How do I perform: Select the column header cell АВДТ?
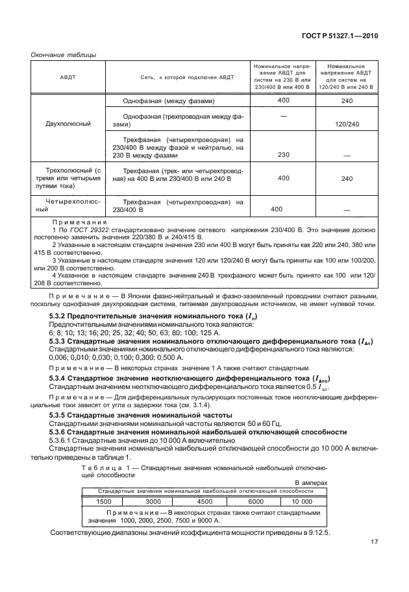(67, 78)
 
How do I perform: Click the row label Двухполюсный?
(67, 123)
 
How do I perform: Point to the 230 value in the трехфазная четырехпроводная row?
(283, 155)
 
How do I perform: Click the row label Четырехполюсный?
(67, 206)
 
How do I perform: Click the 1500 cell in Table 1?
(104, 501)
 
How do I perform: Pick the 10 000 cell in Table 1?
(301, 501)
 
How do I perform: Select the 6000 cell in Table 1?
(255, 501)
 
